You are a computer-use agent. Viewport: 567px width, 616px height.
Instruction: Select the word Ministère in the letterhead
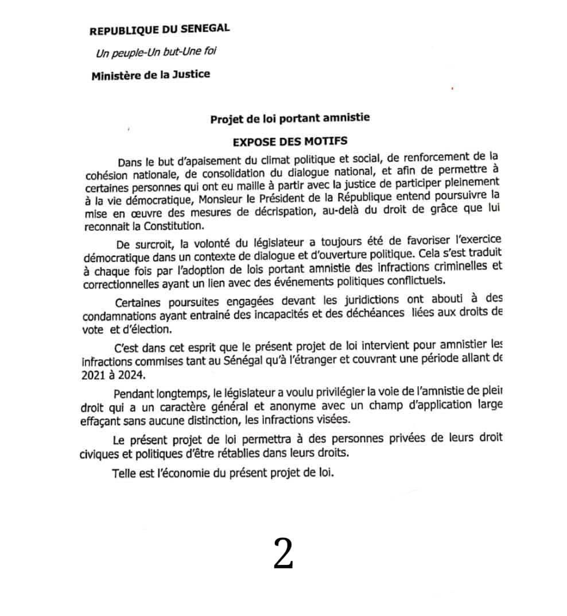coord(114,75)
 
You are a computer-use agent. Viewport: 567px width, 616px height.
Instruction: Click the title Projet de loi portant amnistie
coord(290,118)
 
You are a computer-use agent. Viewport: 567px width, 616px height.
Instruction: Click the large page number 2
coord(283,554)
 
